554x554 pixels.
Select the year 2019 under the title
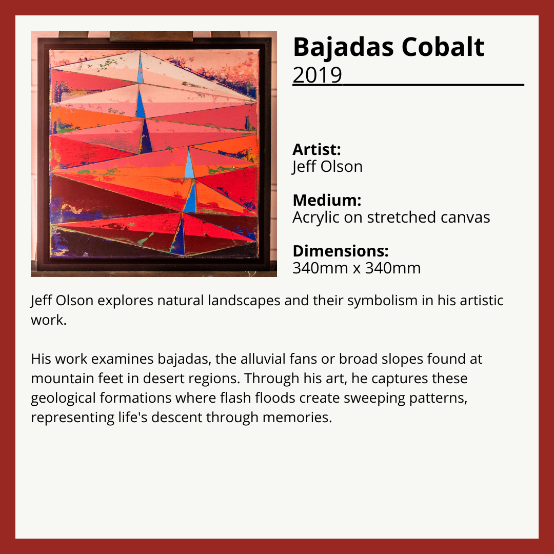click(318, 74)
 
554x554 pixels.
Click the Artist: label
click(316, 149)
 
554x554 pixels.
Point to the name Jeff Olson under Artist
click(327, 167)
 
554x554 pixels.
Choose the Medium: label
click(327, 200)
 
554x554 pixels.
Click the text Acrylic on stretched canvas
click(391, 217)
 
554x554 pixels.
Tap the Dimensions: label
click(341, 251)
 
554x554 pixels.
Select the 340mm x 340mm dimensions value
click(357, 268)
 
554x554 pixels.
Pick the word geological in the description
click(63, 399)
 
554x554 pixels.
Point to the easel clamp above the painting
click(151, 36)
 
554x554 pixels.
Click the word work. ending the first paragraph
click(49, 320)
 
